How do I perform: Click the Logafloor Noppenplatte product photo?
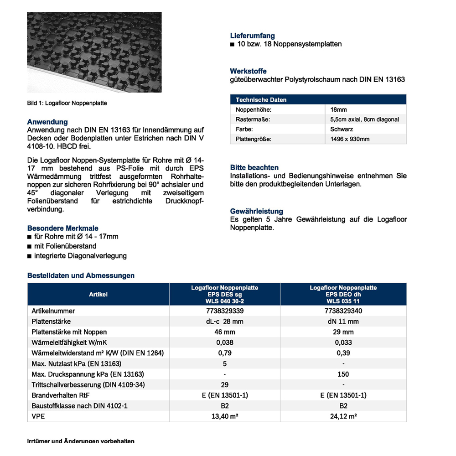(94, 52)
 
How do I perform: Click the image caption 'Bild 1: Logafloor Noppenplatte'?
(67, 103)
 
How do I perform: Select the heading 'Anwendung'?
(47, 122)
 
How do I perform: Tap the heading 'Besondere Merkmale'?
(63, 228)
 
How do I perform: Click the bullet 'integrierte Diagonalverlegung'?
(80, 256)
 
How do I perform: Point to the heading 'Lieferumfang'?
(252, 36)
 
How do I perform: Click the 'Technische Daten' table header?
(261, 100)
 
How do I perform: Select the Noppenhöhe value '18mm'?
(339, 110)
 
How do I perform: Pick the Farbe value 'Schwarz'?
(342, 129)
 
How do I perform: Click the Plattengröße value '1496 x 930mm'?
(350, 139)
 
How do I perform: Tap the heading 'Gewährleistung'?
(257, 211)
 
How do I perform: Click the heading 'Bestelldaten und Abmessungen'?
(81, 275)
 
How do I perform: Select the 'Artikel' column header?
(98, 295)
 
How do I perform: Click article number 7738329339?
(225, 311)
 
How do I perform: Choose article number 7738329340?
(343, 311)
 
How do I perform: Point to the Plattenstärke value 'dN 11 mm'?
(343, 321)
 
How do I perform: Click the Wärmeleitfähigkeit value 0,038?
(225, 342)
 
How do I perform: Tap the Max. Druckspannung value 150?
(343, 374)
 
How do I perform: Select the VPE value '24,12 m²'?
(343, 416)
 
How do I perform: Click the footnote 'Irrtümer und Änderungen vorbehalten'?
(81, 441)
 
